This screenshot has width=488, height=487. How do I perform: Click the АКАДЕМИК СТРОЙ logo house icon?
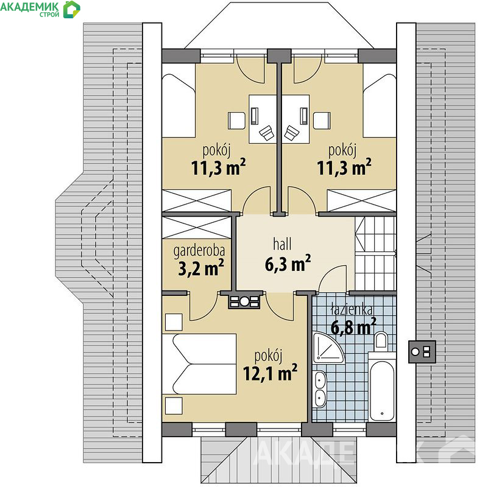click(71, 9)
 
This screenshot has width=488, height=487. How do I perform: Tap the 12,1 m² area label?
click(270, 372)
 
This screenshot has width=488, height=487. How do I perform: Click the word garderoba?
click(199, 251)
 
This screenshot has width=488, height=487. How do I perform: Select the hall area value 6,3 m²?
click(288, 264)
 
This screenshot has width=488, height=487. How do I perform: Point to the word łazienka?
click(352, 309)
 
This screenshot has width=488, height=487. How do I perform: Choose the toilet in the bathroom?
click(381, 340)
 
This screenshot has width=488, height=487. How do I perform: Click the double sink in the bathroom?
click(320, 389)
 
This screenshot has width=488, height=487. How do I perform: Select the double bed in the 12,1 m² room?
click(199, 364)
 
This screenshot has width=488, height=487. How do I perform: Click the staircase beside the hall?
click(375, 254)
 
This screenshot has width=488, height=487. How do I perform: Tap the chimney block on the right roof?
click(422, 352)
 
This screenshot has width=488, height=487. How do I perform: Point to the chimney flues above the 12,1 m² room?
click(244, 301)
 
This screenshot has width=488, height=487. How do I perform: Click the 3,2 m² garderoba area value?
click(201, 268)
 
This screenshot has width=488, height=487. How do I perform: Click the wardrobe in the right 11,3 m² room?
click(361, 201)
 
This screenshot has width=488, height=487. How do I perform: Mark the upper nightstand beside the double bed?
click(174, 322)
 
